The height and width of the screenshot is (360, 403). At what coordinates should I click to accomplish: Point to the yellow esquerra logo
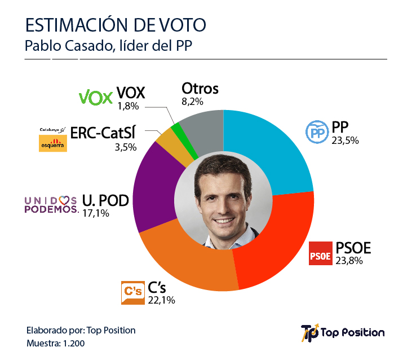(x=52, y=142)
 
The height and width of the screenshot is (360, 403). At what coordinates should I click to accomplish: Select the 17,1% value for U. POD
(x=96, y=213)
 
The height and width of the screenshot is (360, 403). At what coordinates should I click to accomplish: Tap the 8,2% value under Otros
(x=192, y=102)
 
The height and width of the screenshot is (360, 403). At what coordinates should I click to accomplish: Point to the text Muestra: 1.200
(x=56, y=343)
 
